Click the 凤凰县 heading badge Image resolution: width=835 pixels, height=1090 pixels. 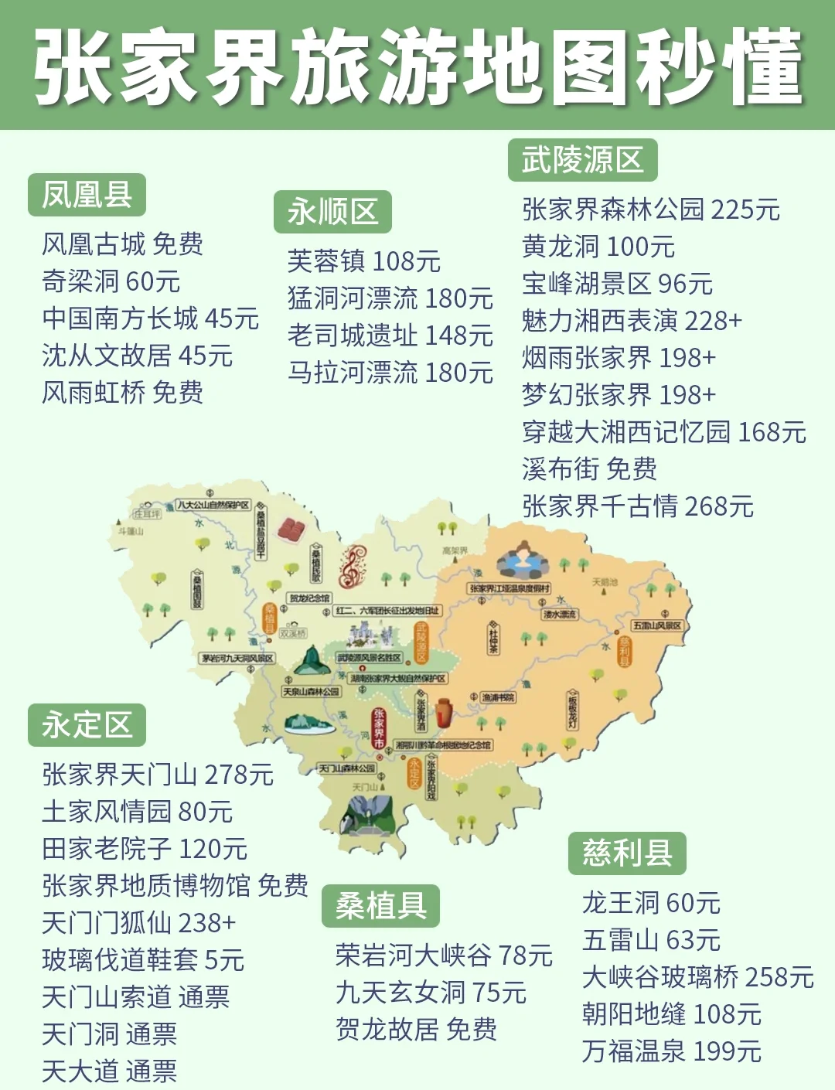[87, 195]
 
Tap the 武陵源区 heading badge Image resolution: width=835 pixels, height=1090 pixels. [582, 160]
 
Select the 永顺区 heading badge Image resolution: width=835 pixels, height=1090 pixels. [332, 212]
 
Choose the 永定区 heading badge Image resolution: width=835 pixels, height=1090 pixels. [87, 725]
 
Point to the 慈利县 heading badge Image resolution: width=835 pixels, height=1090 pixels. [627, 853]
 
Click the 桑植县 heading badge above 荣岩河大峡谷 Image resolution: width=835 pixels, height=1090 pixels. [380, 906]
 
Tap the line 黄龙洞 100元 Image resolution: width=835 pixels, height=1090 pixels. [598, 247]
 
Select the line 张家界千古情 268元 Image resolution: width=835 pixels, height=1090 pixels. [638, 506]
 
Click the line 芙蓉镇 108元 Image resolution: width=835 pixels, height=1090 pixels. [363, 261]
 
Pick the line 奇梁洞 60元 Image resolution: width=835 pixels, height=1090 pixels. [111, 281]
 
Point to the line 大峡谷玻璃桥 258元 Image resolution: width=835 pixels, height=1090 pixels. [697, 977]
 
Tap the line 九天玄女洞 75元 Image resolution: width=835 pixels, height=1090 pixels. [431, 993]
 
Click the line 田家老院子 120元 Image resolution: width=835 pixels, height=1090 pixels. [145, 849]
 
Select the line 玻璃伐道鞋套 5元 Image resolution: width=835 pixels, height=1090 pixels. [143, 960]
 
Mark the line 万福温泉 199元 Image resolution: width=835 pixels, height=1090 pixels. [671, 1051]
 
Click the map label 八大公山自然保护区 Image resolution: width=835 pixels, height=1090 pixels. [213, 505]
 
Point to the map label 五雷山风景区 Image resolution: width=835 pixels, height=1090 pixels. [656, 625]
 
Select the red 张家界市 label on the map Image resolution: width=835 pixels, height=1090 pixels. [379, 727]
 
